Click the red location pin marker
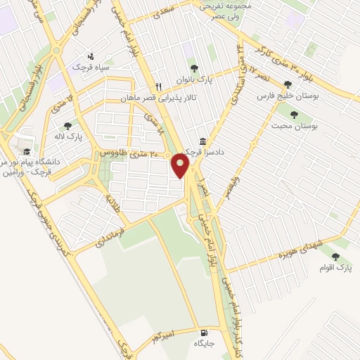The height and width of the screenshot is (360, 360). tap(181, 166)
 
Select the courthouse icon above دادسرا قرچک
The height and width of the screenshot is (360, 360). tap(203, 141)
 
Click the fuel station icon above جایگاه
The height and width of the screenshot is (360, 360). tap(204, 333)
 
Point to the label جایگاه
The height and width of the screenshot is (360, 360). tap(204, 344)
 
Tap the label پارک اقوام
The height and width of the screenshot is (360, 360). tap(335, 268)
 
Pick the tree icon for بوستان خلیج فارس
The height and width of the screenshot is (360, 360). tap(287, 84)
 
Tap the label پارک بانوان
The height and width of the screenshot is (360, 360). tap(193, 79)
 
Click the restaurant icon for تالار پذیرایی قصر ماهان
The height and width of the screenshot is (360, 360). tap(159, 87)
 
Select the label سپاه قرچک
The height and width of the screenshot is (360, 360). tap(89, 67)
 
